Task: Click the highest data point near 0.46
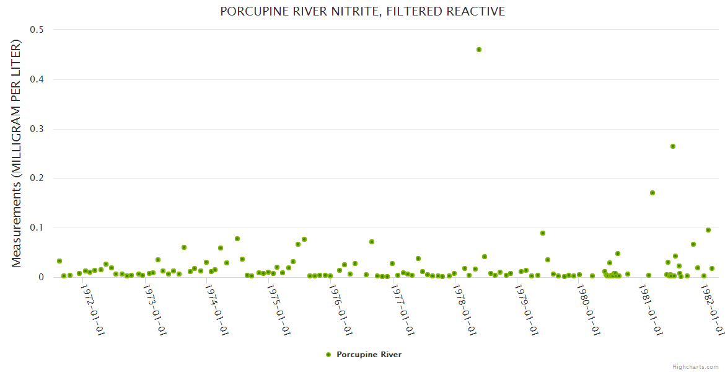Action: pos(478,50)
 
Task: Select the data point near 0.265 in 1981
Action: pos(672,146)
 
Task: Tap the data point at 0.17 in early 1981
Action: pos(652,193)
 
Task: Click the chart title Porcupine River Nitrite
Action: pos(362,12)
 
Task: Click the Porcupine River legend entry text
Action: pos(369,355)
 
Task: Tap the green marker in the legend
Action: pos(328,355)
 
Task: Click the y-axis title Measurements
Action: pos(17,153)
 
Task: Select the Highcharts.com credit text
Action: pos(695,366)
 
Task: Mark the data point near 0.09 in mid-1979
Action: pos(542,233)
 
